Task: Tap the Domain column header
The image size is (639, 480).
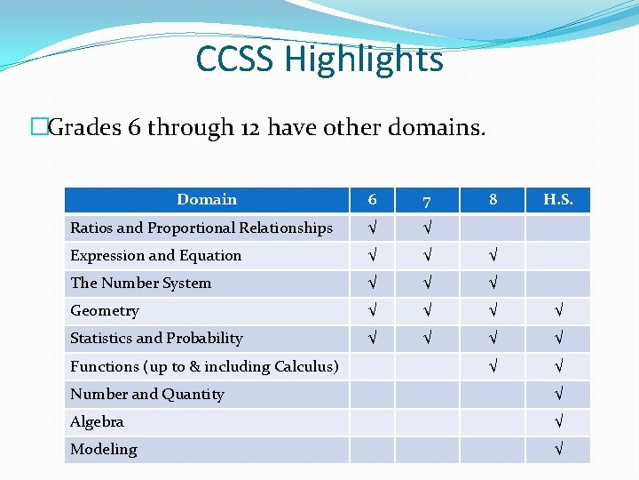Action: [x=207, y=200]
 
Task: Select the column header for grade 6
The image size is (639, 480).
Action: [x=373, y=200]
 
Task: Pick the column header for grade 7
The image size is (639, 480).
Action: [x=428, y=200]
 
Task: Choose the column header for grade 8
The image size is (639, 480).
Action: [x=493, y=200]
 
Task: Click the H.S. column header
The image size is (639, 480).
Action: [x=557, y=200]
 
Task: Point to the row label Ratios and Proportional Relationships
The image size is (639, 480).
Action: [x=201, y=228]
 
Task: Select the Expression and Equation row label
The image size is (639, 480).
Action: [x=156, y=255]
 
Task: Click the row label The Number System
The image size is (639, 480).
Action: [x=141, y=283]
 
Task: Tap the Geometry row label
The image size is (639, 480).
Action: [x=105, y=310]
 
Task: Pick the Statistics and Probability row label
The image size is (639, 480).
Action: [x=156, y=338]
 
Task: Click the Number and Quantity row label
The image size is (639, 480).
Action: [x=147, y=394]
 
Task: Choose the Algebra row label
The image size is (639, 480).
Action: [x=97, y=421]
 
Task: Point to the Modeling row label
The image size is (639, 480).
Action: [x=104, y=449]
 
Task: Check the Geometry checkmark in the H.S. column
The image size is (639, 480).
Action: [x=557, y=311]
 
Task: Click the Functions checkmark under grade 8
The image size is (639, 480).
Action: [x=493, y=366]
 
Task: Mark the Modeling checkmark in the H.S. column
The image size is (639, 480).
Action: [x=557, y=450]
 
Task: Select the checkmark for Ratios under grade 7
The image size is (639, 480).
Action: [x=428, y=228]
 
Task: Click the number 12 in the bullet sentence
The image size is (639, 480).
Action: [x=249, y=128]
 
